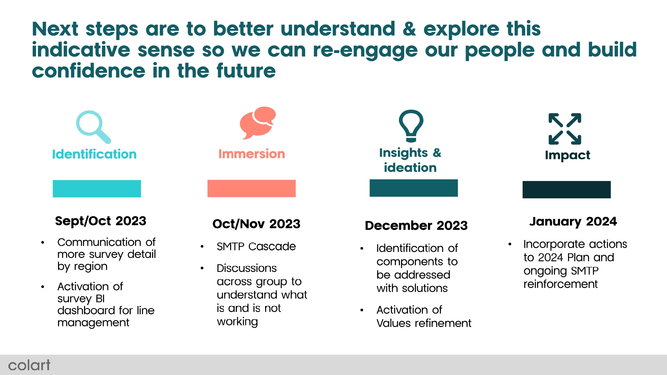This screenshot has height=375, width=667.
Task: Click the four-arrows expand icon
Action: (565, 129)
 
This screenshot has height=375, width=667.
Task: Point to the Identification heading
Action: (94, 154)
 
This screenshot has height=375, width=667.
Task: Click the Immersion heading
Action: (252, 154)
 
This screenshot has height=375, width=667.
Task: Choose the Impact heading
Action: (568, 155)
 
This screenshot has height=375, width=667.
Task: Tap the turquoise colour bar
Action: (97, 189)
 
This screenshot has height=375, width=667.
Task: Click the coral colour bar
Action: (251, 188)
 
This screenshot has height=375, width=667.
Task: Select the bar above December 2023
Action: (414, 188)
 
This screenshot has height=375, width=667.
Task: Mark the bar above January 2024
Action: (567, 190)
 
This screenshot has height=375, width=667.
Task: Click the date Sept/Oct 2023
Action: (101, 221)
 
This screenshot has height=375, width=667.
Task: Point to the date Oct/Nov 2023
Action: (256, 224)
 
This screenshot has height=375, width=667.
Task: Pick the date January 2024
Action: (573, 221)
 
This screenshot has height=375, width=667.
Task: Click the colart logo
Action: (29, 365)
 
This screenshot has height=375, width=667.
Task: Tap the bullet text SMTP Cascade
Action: (256, 246)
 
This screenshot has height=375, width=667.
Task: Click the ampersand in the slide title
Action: (409, 29)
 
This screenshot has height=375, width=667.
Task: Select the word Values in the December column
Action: (393, 323)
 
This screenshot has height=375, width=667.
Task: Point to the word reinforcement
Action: (561, 284)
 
